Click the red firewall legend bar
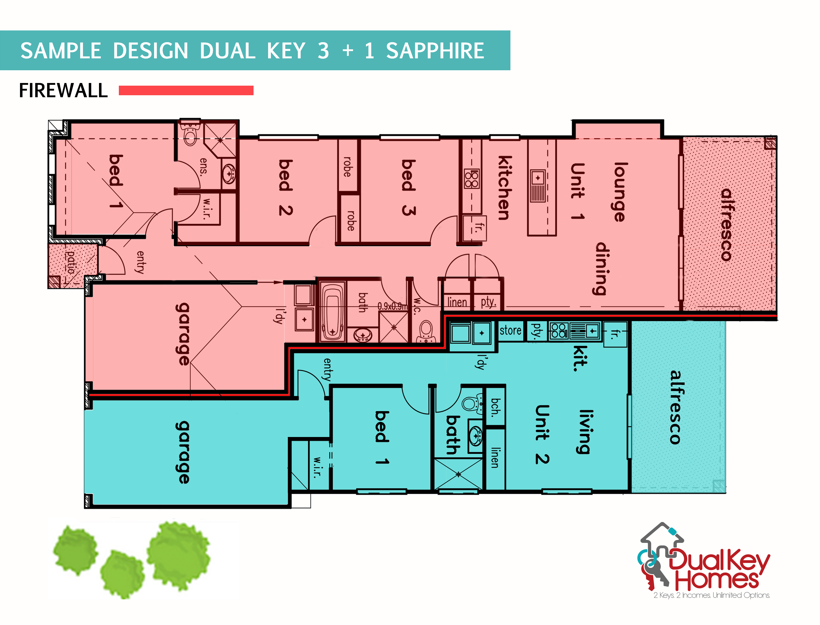click(186, 90)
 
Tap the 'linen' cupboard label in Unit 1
click(457, 302)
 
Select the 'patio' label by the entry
click(71, 262)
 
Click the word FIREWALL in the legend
click(63, 90)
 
